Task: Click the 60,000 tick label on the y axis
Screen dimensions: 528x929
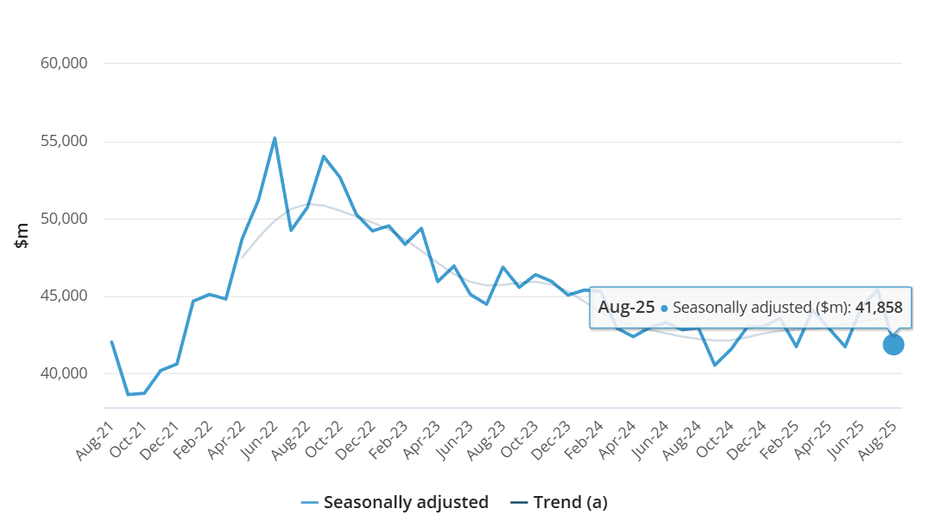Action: [64, 63]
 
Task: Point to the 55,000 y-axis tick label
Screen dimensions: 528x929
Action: [64, 141]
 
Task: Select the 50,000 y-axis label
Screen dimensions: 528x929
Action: [64, 219]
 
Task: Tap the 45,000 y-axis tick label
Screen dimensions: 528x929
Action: [64, 296]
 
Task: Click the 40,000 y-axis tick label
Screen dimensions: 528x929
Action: [64, 374]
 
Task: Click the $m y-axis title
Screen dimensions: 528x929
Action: [22, 235]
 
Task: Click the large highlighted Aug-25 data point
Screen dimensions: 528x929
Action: [893, 345]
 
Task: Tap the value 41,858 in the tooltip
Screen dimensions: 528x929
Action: [878, 307]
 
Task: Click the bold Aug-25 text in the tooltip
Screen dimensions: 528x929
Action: [626, 307]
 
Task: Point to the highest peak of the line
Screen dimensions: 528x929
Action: [275, 137]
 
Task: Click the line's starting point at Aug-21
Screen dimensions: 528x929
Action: [112, 341]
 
